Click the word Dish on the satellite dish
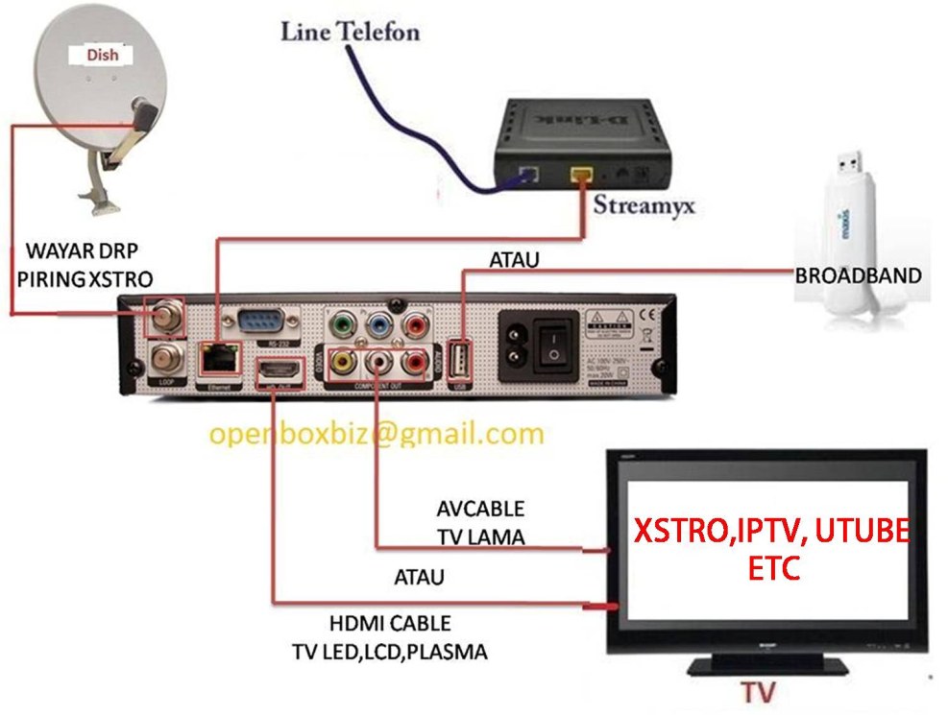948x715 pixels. [x=102, y=55]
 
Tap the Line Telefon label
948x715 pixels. [x=350, y=32]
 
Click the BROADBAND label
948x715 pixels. [x=858, y=275]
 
